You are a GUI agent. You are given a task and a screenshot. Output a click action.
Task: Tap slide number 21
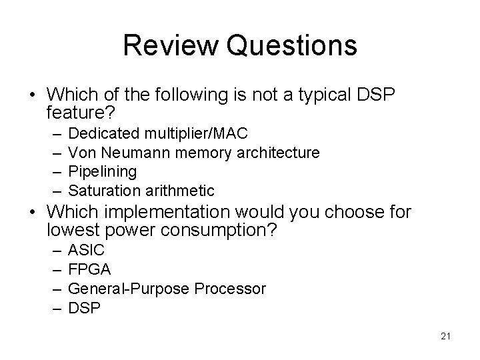click(x=445, y=336)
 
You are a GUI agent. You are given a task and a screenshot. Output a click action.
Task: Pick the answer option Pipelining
click(x=103, y=171)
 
